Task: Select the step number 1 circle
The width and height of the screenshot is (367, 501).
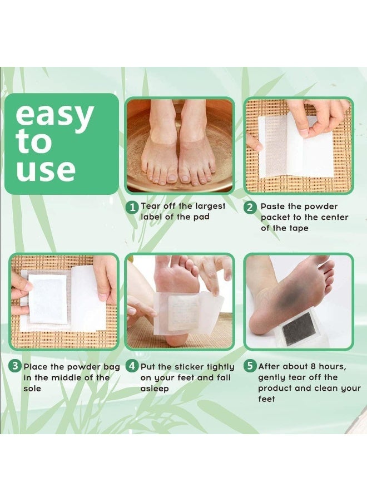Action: click(132, 208)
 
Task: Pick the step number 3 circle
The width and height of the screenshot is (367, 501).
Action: click(16, 367)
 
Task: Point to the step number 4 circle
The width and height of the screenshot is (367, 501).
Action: click(132, 367)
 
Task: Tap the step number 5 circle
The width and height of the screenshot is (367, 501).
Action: click(251, 367)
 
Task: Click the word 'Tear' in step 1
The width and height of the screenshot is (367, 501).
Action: click(151, 207)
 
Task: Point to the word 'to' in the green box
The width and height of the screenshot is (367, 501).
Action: click(34, 143)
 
